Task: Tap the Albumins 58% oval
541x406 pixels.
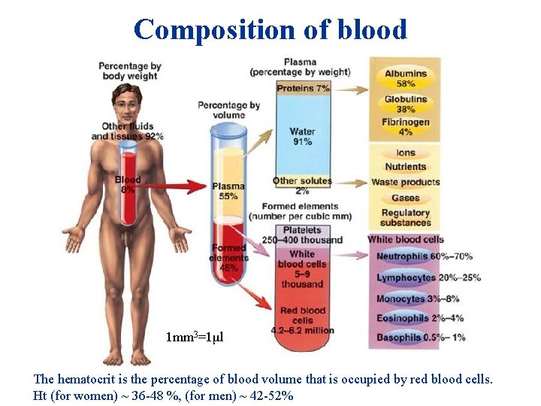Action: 405,79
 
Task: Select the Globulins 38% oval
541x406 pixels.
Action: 405,104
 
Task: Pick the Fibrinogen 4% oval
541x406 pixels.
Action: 405,126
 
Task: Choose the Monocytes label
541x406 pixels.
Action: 401,298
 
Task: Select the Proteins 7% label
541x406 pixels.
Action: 303,89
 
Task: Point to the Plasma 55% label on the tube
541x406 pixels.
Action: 228,191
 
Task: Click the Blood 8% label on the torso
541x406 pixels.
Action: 128,184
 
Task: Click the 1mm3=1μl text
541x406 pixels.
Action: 195,336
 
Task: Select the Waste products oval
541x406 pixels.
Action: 405,182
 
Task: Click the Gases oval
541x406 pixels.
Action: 405,198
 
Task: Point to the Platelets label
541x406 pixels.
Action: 301,230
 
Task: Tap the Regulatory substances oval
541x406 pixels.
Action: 405,217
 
